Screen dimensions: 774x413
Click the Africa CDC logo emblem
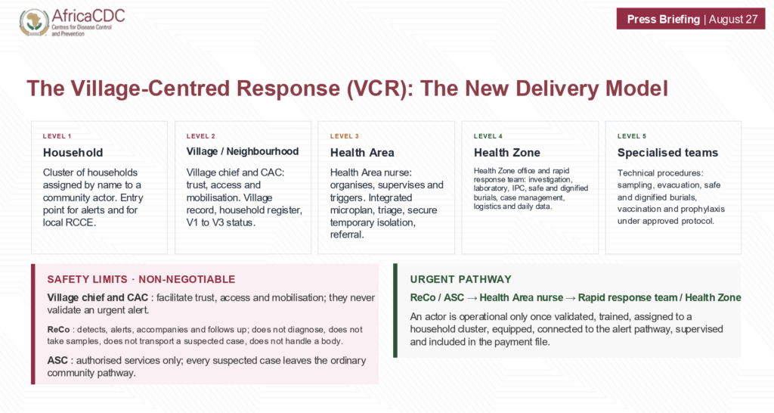click(34, 22)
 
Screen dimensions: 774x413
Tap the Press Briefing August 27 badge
click(691, 19)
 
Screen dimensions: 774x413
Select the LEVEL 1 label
click(57, 136)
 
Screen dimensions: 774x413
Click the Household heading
click(73, 153)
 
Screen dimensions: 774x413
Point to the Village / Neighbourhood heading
click(243, 152)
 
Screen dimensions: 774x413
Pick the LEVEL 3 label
click(345, 136)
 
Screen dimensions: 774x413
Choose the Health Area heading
click(362, 153)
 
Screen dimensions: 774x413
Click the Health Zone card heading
click(507, 153)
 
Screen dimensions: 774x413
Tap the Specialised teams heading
click(667, 153)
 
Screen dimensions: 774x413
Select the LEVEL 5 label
click(632, 136)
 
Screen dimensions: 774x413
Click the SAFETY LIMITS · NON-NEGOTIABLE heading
click(141, 279)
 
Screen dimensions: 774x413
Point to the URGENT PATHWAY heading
click(460, 279)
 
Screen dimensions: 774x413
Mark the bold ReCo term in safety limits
click(59, 330)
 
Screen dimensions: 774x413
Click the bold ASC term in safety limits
click(57, 361)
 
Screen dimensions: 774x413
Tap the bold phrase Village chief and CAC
click(98, 298)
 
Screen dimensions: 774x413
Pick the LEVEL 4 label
click(488, 136)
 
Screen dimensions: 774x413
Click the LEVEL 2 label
click(201, 136)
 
